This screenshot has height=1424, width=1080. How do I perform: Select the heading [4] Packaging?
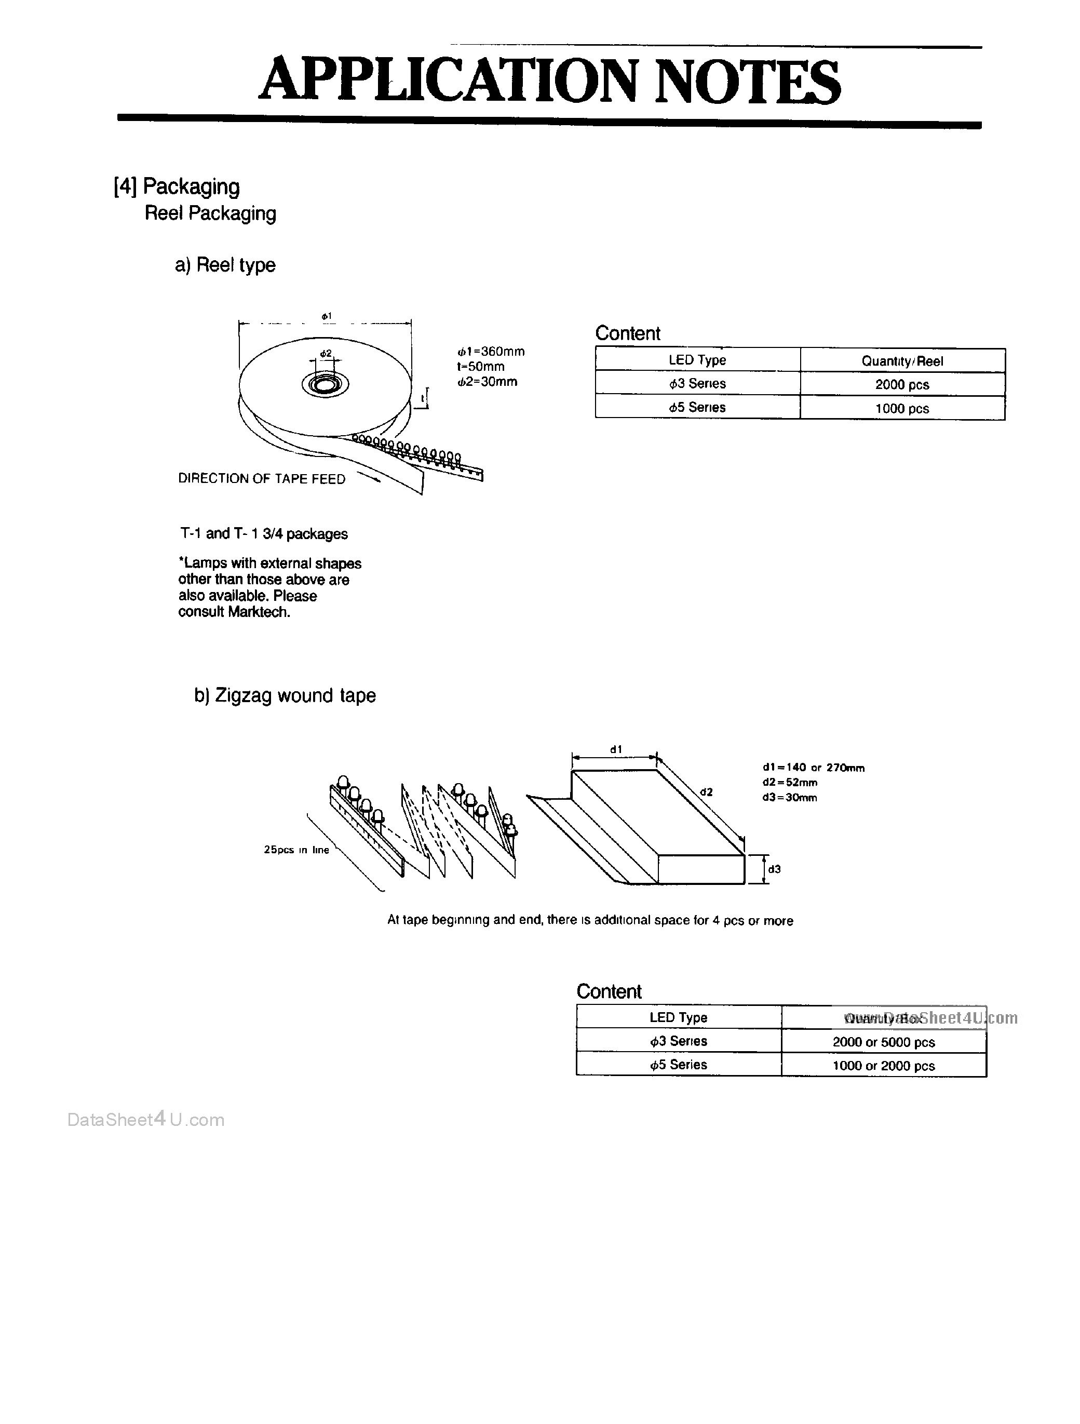tap(177, 186)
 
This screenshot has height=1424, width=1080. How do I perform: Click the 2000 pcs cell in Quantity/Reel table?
tap(902, 384)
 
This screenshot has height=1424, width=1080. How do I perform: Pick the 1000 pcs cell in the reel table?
tap(902, 408)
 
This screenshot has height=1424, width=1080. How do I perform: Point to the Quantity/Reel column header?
tap(902, 360)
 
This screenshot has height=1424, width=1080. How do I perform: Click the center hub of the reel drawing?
tap(325, 384)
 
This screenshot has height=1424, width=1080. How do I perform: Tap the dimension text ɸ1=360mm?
tap(491, 352)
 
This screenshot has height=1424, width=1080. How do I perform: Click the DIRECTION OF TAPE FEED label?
tap(261, 478)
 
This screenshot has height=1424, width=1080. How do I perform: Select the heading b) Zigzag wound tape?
tap(285, 695)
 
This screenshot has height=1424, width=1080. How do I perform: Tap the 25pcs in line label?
tap(296, 850)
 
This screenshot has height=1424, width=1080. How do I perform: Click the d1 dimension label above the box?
tap(616, 749)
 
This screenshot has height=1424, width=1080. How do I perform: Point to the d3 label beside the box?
tap(774, 869)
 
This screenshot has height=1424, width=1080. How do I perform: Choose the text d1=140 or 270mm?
tap(813, 768)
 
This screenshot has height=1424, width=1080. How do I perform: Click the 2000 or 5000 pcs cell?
tap(883, 1042)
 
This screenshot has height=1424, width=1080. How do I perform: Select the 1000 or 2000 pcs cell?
tap(883, 1066)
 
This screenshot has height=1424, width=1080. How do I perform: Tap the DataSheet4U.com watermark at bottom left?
tap(146, 1120)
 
